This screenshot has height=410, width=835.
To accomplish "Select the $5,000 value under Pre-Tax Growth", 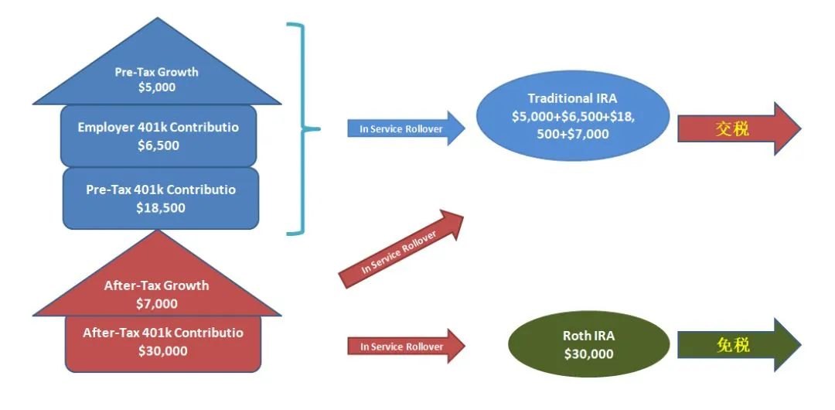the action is [156, 87].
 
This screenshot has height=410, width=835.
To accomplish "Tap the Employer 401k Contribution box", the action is [158, 136].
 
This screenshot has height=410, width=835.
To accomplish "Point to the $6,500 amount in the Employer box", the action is [158, 145].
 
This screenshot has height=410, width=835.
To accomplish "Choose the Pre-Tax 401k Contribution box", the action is [161, 198].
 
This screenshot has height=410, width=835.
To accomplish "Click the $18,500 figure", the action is [161, 208].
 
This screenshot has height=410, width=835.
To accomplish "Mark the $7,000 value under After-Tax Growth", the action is [156, 304].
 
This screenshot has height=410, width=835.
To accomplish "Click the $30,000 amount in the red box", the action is [163, 350].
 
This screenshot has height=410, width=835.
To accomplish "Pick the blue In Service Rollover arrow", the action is [407, 128].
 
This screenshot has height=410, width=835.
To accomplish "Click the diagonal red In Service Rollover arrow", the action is [401, 249].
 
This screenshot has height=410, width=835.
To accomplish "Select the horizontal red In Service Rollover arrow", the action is [407, 347].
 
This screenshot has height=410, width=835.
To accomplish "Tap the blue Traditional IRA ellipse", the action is [572, 116].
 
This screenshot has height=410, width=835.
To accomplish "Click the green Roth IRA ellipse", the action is [589, 344].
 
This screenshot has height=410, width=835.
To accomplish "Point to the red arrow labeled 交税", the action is [739, 129].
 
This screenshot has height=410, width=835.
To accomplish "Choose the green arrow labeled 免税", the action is [739, 345].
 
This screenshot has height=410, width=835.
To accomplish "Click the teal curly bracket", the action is [304, 128].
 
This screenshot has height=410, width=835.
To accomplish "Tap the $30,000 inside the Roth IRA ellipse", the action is [589, 354].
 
